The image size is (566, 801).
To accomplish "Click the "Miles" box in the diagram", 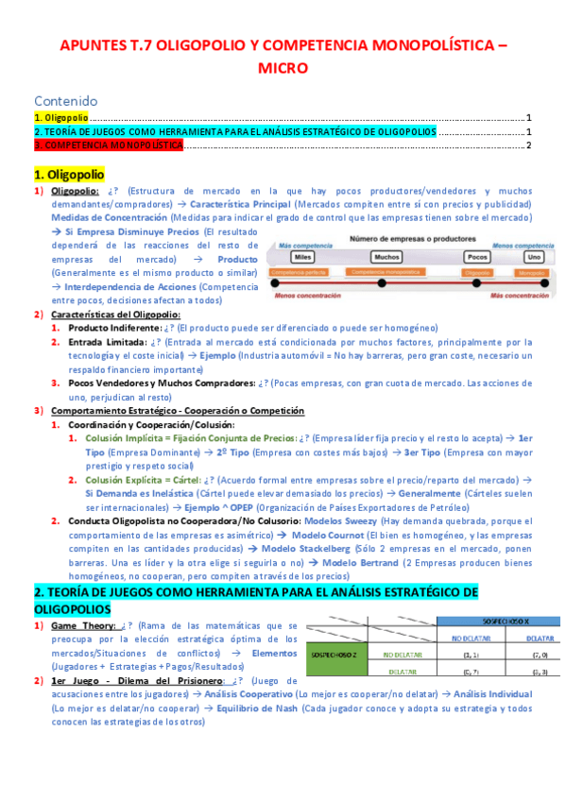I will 303,256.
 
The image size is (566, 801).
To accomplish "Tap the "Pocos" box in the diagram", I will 477,256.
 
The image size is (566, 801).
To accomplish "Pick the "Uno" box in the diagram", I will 534,256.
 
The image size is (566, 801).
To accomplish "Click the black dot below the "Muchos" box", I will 381,282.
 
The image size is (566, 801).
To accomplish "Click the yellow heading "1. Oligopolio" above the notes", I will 69,175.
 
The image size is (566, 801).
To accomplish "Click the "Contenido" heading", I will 66,100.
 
